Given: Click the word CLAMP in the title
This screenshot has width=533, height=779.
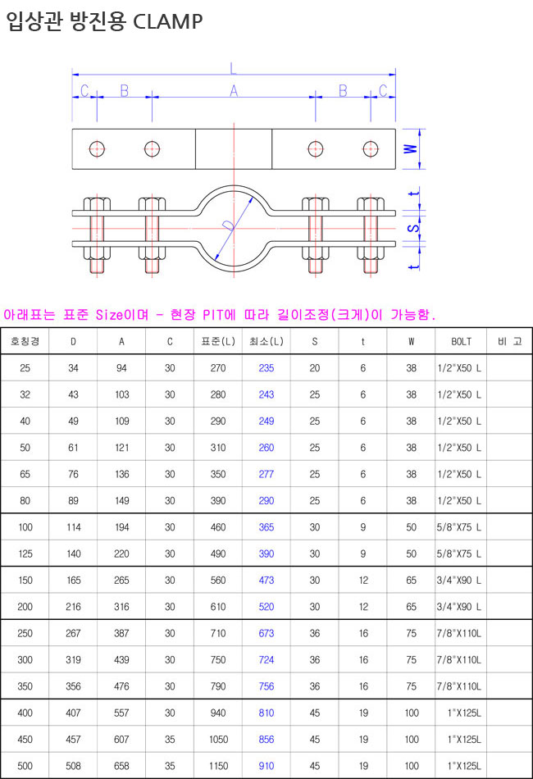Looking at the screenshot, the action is pos(168,21).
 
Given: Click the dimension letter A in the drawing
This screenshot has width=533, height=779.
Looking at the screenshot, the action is pos(234,91).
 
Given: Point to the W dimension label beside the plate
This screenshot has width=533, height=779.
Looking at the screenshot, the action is pos(410,148).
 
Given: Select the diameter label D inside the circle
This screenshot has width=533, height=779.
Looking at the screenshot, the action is pos(229,226).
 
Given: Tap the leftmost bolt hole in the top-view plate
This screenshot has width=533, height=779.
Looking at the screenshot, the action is pos(97,148).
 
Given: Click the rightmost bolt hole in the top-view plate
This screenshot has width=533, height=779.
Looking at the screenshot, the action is pos(371,148).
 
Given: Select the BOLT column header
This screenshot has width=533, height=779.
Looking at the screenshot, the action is pos(461,341).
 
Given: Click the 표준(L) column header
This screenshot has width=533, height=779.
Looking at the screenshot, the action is pos(218,341).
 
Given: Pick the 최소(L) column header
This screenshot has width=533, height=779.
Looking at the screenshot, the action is pos(266,341).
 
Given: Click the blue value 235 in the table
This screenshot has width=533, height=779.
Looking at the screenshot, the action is pos(266,368).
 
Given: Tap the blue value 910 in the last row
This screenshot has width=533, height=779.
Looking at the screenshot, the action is pos(266,766).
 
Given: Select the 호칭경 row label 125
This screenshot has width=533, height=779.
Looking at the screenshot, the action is pos(25,554).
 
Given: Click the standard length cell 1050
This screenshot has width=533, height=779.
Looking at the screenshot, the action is pos(219,740).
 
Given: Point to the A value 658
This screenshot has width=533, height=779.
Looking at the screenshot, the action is pos(121,766).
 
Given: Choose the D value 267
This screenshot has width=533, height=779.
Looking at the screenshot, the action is pos(74,633).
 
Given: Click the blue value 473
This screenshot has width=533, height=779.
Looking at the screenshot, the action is pos(266,581).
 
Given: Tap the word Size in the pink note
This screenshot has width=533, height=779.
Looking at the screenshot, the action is pos(110,315).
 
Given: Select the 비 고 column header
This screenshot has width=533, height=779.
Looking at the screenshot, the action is pos(510,341).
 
